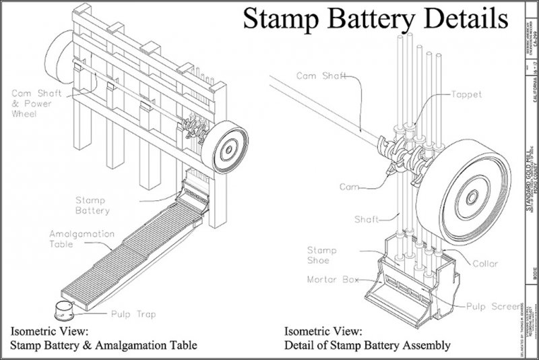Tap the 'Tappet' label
(466, 95)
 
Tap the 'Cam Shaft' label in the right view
(322, 76)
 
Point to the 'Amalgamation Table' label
(74, 238)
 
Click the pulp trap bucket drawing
(65, 311)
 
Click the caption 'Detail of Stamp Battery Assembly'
(367, 346)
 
